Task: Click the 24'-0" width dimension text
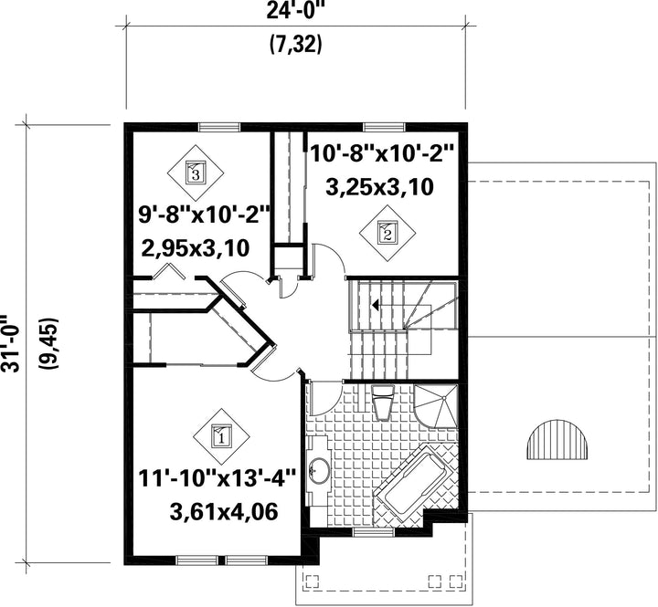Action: click(x=296, y=11)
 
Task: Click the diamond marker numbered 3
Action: click(x=196, y=173)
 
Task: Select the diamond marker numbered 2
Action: click(x=387, y=233)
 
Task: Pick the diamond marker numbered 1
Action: click(x=221, y=436)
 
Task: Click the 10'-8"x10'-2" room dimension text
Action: click(x=382, y=153)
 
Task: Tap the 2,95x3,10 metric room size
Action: click(x=196, y=247)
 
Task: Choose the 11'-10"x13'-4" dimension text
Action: click(x=217, y=478)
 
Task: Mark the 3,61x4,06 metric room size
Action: click(x=224, y=511)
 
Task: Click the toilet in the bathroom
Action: click(x=383, y=403)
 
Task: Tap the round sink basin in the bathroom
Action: click(x=320, y=470)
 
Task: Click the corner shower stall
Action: click(x=436, y=405)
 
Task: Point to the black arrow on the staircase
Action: click(x=376, y=305)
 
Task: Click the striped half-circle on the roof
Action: click(x=557, y=438)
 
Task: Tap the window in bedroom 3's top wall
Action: click(x=219, y=127)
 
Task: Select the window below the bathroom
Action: click(x=374, y=532)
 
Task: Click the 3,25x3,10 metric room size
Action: click(x=379, y=187)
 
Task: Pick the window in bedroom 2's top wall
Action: click(x=385, y=127)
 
